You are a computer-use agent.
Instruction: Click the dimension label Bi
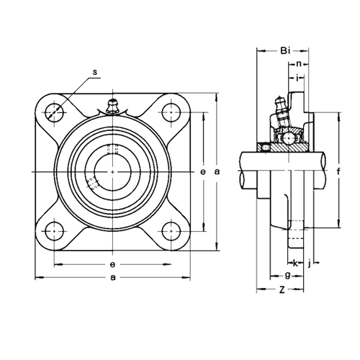pos(285,51)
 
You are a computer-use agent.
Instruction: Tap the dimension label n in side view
pos(299,64)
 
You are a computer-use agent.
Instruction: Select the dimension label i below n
pos(297,78)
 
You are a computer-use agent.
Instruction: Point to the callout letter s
pos(95,72)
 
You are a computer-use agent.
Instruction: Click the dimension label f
pos(338,171)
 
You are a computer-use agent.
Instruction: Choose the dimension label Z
pos(282,290)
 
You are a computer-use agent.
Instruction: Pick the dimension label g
pos(287,275)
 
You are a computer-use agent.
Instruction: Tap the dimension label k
pos(295,264)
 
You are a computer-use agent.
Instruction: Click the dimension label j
pos(310,264)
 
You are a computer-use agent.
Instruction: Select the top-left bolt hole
pos(55,112)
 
